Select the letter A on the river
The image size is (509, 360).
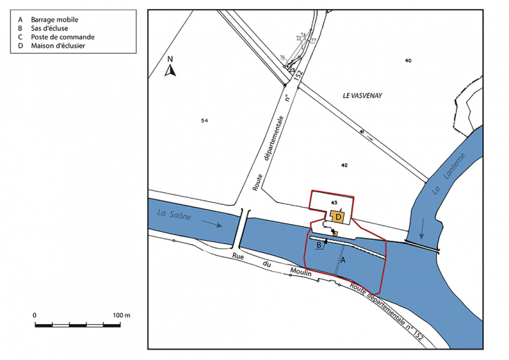point(343,260)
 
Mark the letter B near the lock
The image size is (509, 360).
point(319,244)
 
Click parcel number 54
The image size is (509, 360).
point(204,121)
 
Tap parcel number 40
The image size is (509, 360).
point(408,61)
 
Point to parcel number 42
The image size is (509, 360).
point(344,166)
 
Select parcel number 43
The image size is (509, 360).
point(334,203)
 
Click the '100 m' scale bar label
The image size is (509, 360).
point(121,315)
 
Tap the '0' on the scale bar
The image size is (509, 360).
point(34,315)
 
